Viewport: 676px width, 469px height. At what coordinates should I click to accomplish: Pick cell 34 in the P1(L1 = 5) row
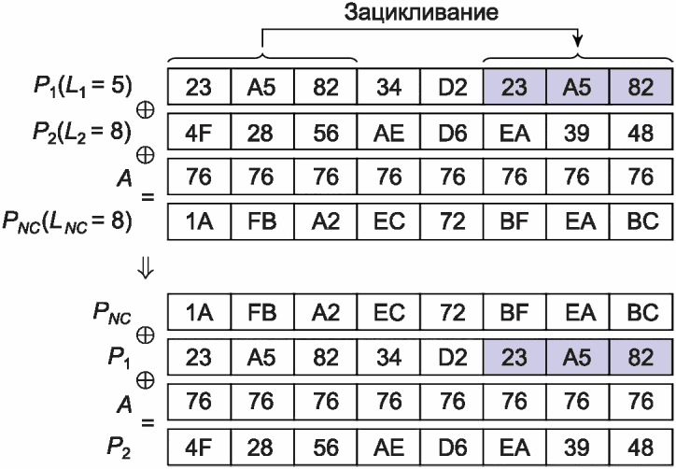click(388, 89)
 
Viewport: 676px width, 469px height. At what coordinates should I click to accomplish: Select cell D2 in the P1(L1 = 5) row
click(451, 89)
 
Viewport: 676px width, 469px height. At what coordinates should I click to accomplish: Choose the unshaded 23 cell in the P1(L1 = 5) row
click(199, 89)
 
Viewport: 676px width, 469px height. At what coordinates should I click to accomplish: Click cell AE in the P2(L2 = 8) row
click(388, 133)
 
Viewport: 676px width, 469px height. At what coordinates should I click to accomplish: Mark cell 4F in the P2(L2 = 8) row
click(199, 133)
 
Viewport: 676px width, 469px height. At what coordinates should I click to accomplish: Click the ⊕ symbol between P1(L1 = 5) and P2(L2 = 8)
click(146, 107)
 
